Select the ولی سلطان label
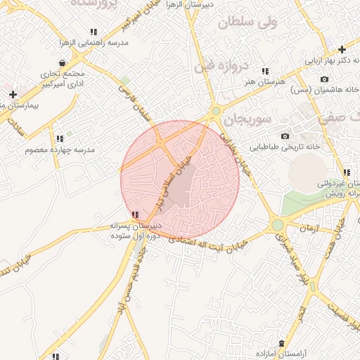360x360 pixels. (247, 22)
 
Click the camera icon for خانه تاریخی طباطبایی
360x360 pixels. (285, 136)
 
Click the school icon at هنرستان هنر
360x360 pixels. (265, 71)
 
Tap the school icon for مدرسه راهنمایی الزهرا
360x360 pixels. (94, 32)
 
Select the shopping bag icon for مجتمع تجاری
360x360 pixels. (63, 63)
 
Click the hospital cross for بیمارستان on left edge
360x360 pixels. (13, 94)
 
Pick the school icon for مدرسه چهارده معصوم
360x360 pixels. (60, 139)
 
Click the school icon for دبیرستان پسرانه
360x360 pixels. (134, 214)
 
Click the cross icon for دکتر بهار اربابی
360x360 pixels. (342, 49)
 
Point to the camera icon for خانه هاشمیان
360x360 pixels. (324, 79)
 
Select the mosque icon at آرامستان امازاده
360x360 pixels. (282, 341)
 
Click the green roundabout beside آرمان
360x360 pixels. (277, 225)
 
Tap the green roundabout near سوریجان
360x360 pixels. (216, 110)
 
